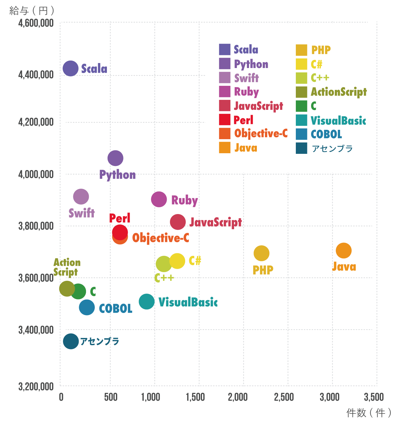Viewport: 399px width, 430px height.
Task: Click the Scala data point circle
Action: (x=70, y=68)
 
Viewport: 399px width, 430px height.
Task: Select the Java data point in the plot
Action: (x=344, y=250)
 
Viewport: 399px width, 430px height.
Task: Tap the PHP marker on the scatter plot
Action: (x=261, y=253)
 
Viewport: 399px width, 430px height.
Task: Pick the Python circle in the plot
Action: (x=115, y=158)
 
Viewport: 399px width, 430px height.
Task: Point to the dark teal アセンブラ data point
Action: (x=71, y=341)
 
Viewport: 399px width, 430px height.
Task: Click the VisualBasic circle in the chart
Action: (x=147, y=301)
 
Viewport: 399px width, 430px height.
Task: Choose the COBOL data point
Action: (x=87, y=307)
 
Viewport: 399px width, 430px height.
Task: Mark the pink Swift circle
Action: (x=81, y=197)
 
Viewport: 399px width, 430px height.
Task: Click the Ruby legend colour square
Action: (x=224, y=92)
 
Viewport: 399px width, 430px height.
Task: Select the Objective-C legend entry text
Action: (x=261, y=134)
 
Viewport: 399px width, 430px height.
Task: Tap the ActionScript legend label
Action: (x=339, y=92)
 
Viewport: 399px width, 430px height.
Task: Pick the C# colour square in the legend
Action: (x=301, y=64)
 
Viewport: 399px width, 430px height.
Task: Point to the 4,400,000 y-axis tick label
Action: (x=36, y=75)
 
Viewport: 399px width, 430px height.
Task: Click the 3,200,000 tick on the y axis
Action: (x=36, y=386)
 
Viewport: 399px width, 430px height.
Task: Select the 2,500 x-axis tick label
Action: (x=284, y=397)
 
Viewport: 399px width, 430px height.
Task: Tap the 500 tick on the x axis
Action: (x=111, y=397)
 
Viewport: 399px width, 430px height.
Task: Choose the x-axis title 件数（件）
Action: (x=369, y=413)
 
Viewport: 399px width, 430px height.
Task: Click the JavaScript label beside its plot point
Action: (x=215, y=222)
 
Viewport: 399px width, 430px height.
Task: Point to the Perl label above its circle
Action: (x=120, y=218)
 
